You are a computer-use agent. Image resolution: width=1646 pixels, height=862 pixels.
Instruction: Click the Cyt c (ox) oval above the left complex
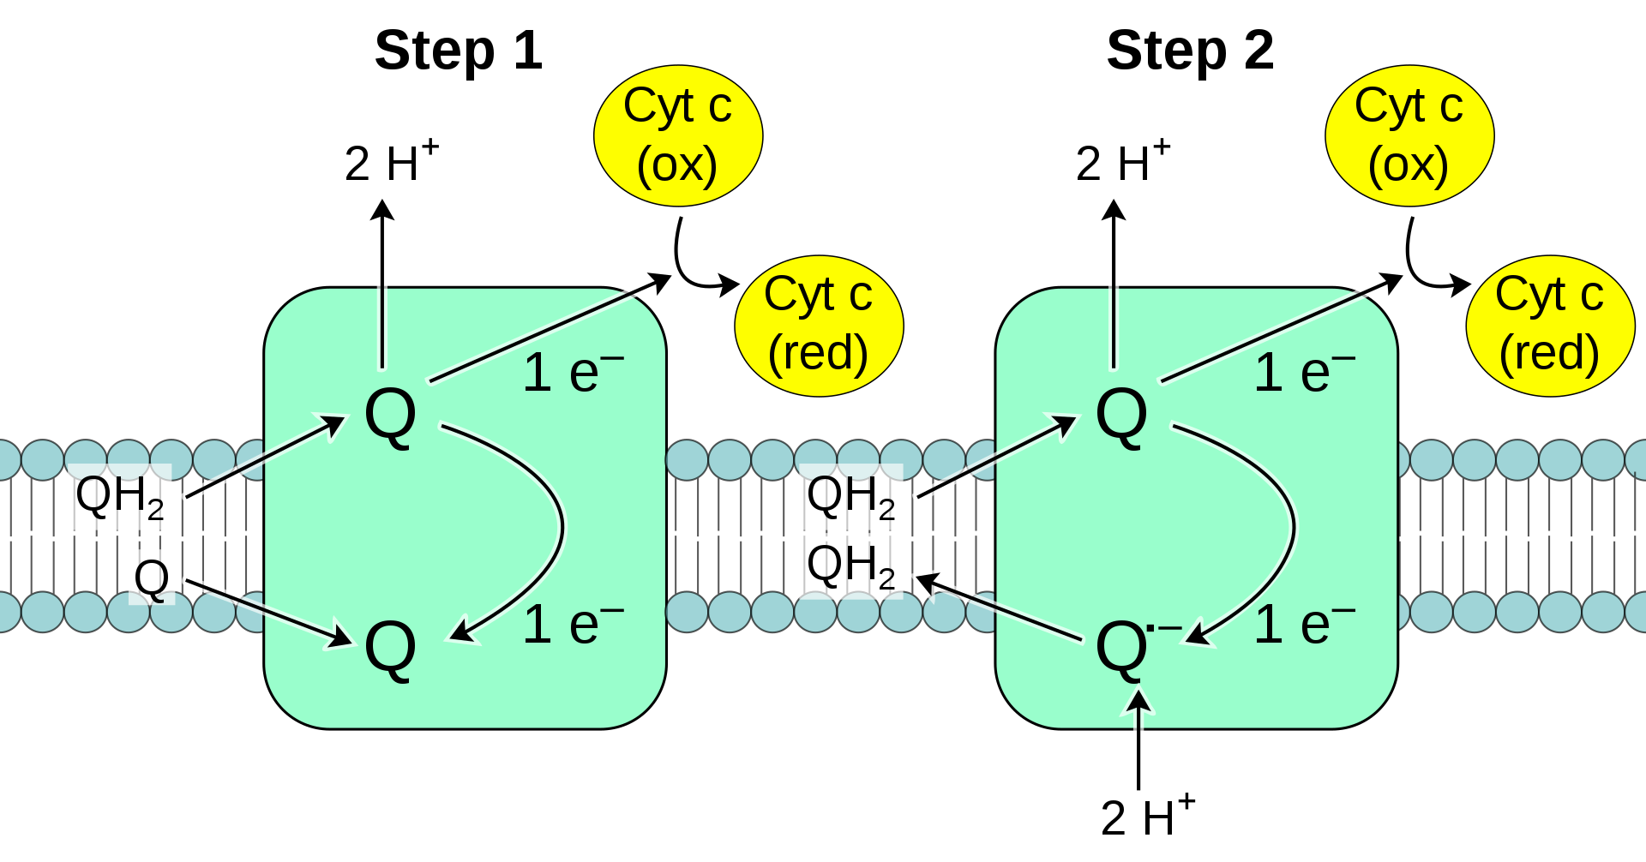(x=678, y=135)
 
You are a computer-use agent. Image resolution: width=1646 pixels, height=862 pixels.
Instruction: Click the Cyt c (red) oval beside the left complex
(x=819, y=326)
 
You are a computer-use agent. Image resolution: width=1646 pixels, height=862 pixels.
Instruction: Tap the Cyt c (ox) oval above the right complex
(x=1409, y=135)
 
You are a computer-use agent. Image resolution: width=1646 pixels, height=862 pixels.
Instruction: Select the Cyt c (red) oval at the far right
(x=1550, y=326)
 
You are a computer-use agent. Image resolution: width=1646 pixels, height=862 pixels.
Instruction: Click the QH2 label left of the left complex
(x=120, y=497)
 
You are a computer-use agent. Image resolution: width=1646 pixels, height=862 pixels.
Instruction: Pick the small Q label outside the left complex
(x=152, y=577)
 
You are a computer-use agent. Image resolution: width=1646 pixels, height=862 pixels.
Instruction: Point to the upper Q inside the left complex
(x=390, y=415)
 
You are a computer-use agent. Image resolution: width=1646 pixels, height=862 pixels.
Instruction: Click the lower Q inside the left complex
(x=390, y=649)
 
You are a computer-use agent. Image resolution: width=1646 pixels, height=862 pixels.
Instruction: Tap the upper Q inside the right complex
(x=1121, y=415)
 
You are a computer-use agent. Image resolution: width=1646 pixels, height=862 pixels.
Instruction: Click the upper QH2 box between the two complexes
(x=850, y=497)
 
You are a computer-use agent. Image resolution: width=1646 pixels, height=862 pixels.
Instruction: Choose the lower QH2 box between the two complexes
(x=850, y=566)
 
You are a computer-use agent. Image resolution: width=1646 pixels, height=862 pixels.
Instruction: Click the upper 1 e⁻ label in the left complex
(x=573, y=373)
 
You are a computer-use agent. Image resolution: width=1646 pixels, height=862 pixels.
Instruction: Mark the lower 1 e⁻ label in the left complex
(x=573, y=624)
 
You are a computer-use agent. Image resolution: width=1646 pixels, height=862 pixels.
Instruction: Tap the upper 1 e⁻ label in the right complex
(x=1304, y=373)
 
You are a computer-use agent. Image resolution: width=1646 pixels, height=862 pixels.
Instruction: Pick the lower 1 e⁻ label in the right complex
(x=1304, y=624)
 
